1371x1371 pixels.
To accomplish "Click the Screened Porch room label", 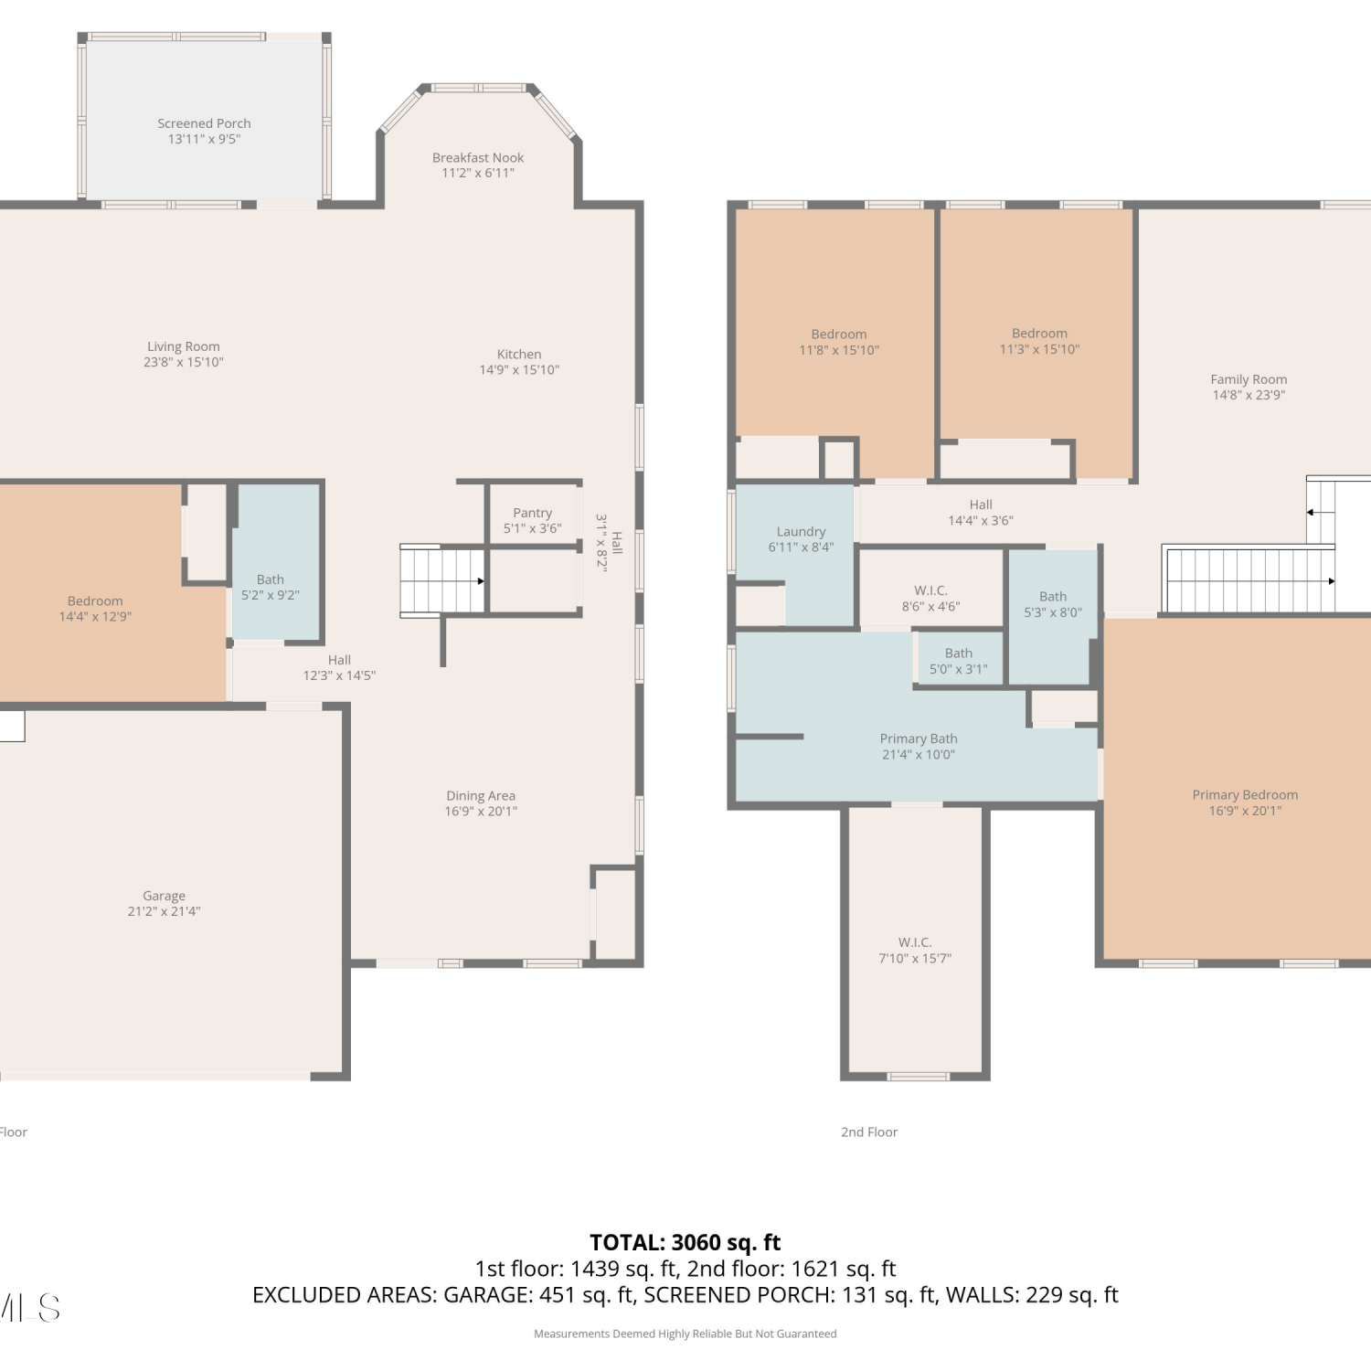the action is pyautogui.click(x=204, y=123).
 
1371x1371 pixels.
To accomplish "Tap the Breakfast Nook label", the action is pyautogui.click(x=478, y=157).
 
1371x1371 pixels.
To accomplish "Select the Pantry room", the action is pyautogui.click(x=533, y=515).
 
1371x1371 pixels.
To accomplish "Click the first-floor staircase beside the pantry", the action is pyautogui.click(x=442, y=581).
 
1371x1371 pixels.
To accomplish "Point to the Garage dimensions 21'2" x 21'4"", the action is pyautogui.click(x=164, y=911).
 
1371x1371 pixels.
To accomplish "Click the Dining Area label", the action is pyautogui.click(x=481, y=796).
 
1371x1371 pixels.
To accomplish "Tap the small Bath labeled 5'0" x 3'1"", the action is pyautogui.click(x=959, y=658).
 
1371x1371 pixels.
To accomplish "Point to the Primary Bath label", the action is pyautogui.click(x=919, y=739).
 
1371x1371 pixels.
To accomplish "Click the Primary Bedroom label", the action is pyautogui.click(x=1245, y=795).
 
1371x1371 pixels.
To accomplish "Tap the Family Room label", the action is pyautogui.click(x=1249, y=379).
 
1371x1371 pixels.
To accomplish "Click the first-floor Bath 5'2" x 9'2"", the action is pyautogui.click(x=275, y=561).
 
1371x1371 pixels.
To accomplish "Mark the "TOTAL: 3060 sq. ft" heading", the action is pyautogui.click(x=685, y=1242).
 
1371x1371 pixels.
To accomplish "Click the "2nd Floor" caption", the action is pyautogui.click(x=869, y=1132).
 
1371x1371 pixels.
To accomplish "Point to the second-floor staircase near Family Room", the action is pyautogui.click(x=1249, y=579).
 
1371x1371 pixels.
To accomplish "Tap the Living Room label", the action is pyautogui.click(x=184, y=346).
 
